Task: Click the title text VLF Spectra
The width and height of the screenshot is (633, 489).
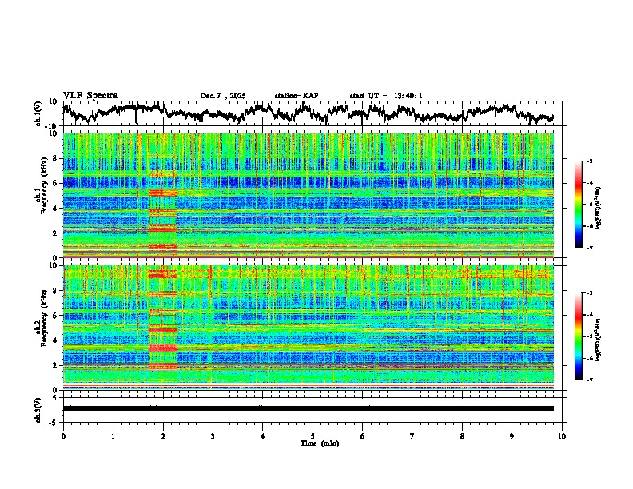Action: point(90,96)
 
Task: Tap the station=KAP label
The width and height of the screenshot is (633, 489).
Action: point(297,96)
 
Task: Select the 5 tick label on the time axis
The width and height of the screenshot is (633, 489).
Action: point(313,435)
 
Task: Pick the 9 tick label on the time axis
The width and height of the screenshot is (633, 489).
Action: point(512,435)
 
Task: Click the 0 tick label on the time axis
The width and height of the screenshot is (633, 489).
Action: point(63,435)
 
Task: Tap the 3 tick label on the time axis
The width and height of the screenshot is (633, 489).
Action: point(213,435)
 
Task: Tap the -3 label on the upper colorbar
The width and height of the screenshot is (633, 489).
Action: point(588,161)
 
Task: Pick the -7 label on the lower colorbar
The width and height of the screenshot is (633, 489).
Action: point(588,380)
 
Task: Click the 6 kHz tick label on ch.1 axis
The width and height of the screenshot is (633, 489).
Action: point(55,183)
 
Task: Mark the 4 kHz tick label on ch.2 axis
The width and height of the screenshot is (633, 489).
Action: point(55,340)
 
